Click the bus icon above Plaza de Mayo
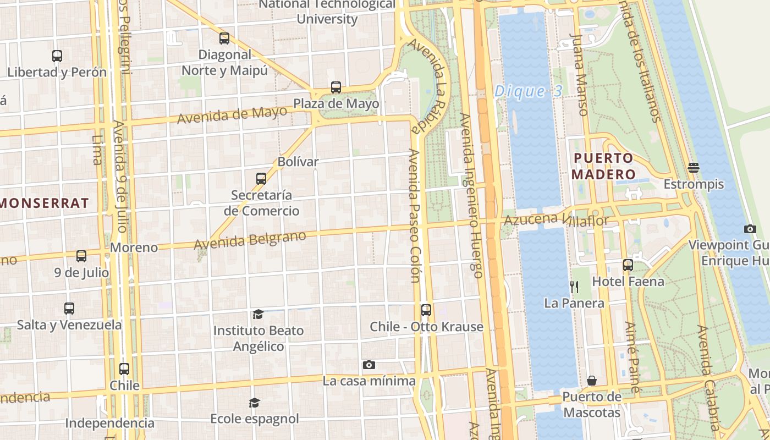335,87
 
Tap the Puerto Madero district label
603,166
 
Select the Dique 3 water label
528,91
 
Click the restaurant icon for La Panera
574,287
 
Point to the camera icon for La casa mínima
369,365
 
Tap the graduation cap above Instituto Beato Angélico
258,314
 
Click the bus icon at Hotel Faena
628,265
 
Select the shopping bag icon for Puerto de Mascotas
592,381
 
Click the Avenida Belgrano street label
250,240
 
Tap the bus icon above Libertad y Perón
57,56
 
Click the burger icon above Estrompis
693,167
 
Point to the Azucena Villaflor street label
557,220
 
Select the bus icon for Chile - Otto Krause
426,310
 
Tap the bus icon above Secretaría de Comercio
261,179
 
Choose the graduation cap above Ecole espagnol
254,403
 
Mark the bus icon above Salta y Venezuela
69,309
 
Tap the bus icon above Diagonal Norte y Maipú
224,38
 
